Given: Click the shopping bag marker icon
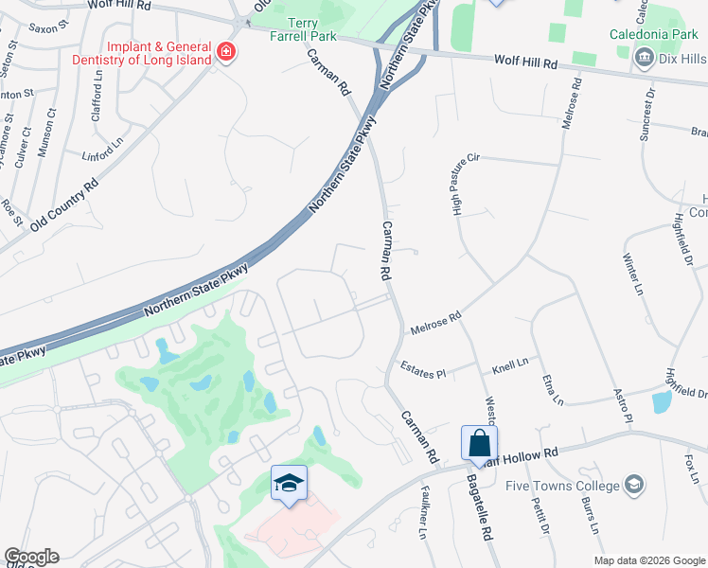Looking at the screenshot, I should click(x=479, y=442).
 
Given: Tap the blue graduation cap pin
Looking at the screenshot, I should click(x=289, y=483).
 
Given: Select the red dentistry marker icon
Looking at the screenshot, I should click(x=226, y=51).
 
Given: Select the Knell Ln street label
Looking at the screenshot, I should click(x=509, y=362).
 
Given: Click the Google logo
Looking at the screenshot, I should click(x=31, y=557).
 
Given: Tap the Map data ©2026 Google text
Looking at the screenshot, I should click(x=648, y=560).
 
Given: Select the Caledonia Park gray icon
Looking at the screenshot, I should click(x=644, y=58).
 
